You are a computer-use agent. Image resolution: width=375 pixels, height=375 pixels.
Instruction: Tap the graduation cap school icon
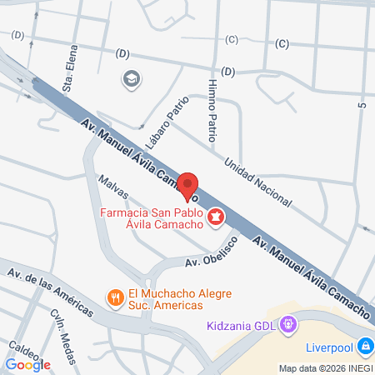pyautogui.click(x=130, y=79)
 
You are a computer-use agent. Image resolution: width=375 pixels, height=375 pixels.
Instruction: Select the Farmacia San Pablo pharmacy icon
pyautogui.click(x=216, y=217)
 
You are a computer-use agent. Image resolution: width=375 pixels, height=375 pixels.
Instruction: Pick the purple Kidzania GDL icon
pyautogui.click(x=287, y=322)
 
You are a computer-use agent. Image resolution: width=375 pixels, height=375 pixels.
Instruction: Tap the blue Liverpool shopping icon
pyautogui.click(x=365, y=345)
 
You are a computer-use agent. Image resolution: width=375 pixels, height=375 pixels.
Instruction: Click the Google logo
pyautogui.click(x=27, y=364)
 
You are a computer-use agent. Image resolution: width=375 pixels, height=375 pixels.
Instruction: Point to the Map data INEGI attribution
pyautogui.click(x=324, y=368)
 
